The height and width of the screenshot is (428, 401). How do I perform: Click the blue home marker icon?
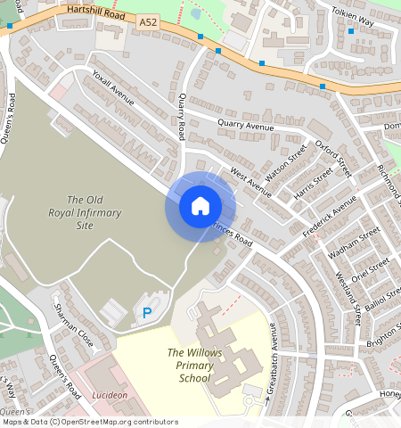[200, 207]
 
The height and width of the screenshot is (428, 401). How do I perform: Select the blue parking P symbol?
[146, 312]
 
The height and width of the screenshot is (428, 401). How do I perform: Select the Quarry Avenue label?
[245, 126]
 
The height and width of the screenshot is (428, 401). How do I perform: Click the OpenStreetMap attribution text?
[88, 422]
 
